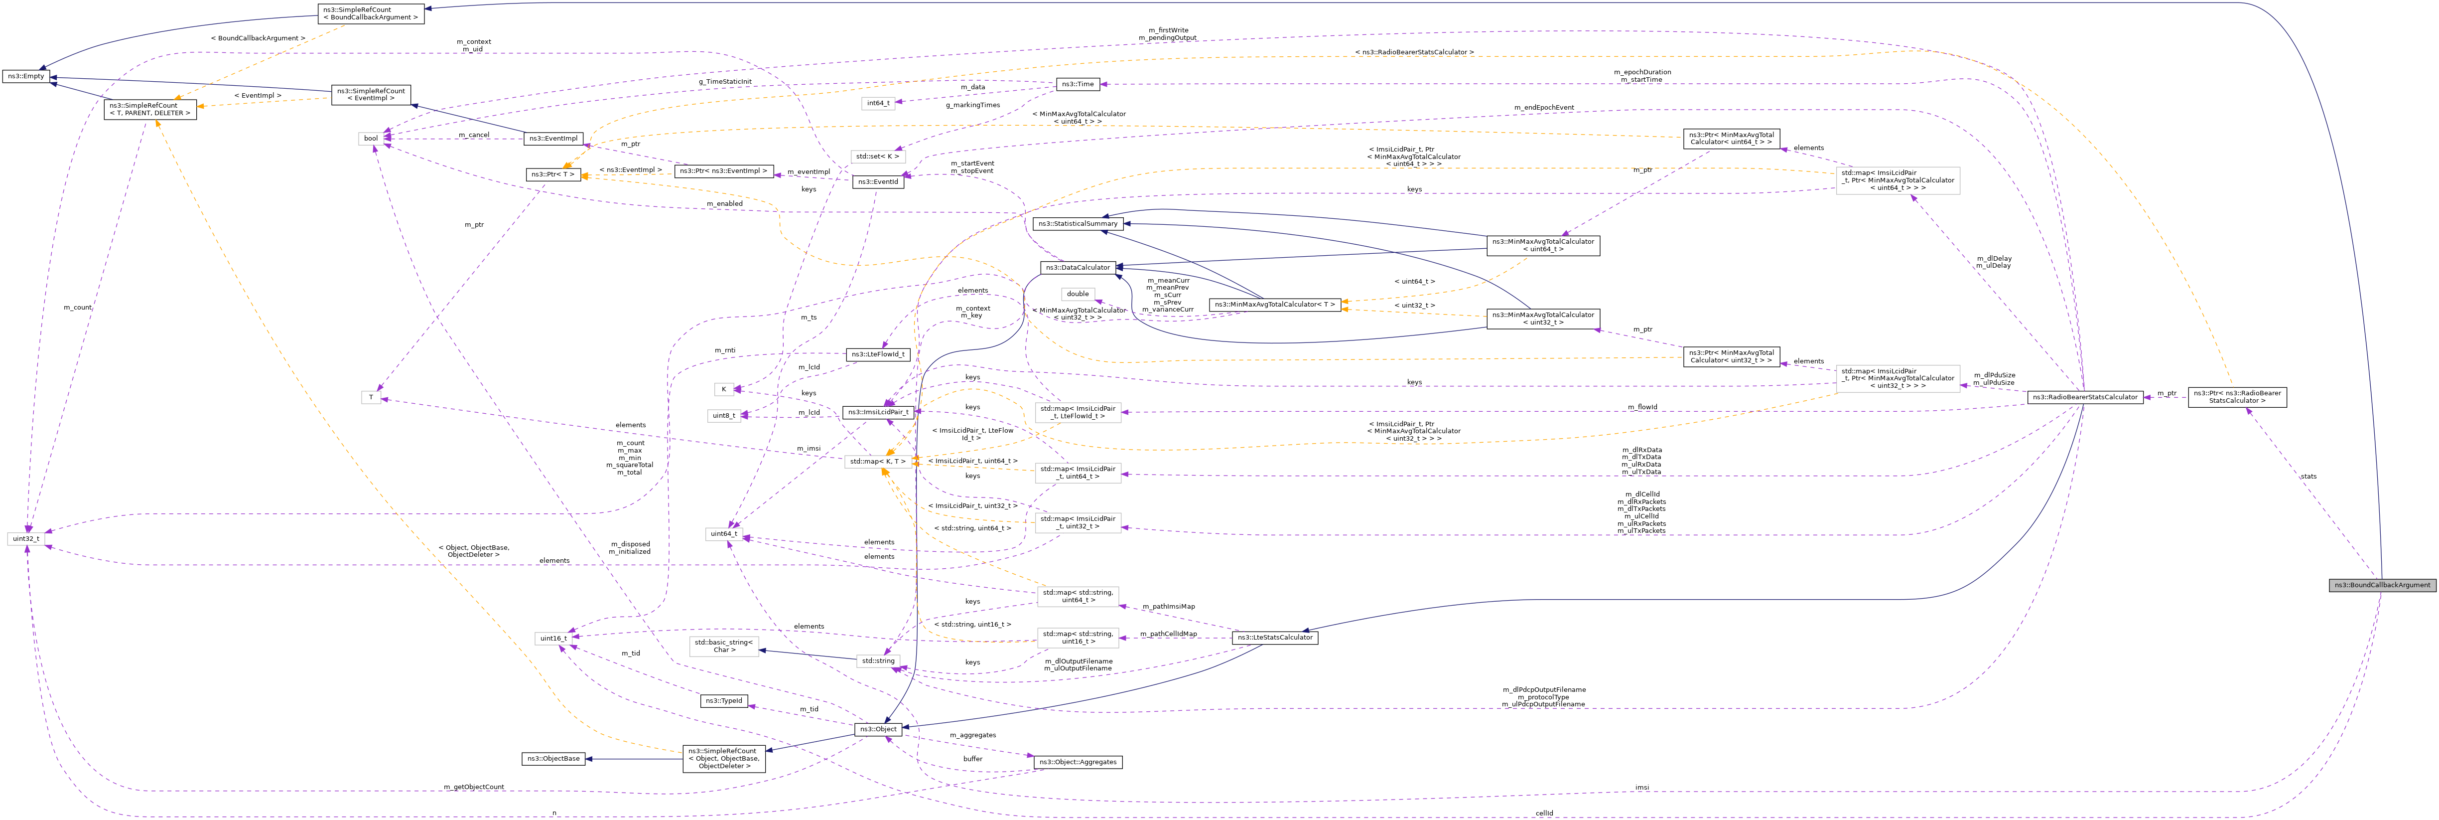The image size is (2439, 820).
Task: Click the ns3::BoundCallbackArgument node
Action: (x=2381, y=585)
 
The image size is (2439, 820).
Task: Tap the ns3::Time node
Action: (x=1078, y=84)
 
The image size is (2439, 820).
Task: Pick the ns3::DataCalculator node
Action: (x=1078, y=268)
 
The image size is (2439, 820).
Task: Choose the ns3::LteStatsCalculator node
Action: (x=1274, y=637)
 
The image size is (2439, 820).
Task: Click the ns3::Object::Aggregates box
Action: (x=1078, y=762)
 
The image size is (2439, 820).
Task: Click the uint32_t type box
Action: (x=25, y=539)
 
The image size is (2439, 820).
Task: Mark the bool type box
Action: (x=371, y=138)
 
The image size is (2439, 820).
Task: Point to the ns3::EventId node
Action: (x=878, y=182)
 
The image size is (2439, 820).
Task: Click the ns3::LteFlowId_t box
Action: (x=878, y=354)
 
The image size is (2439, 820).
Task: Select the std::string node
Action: (x=878, y=661)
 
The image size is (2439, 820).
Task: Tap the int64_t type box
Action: (x=878, y=103)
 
